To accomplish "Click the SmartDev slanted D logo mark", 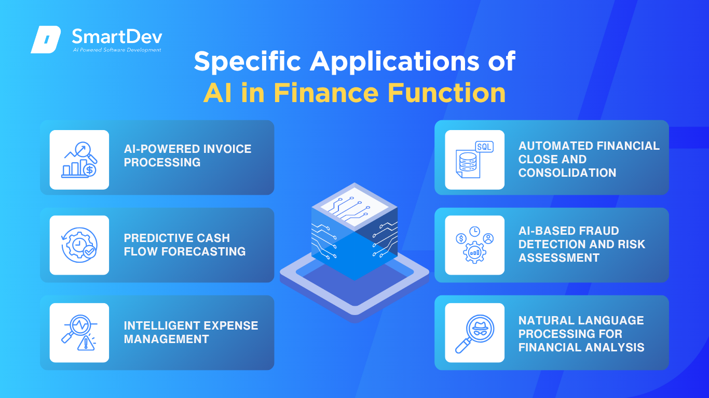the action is tap(46, 39).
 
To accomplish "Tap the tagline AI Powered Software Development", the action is tap(117, 50).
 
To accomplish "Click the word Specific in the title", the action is tap(247, 61).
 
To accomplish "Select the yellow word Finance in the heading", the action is tap(326, 93).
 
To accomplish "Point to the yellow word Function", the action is tap(446, 93).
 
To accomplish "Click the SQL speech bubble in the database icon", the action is tap(484, 147).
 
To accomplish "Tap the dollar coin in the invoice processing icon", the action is tap(90, 170).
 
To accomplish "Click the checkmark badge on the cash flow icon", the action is tap(90, 252).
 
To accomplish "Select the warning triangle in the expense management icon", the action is tap(86, 343).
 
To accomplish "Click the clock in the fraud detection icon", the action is tap(474, 232).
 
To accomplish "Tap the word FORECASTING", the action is tap(203, 252).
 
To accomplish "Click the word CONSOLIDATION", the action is tap(567, 173).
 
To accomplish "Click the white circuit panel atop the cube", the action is tap(354, 206).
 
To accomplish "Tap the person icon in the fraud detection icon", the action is tap(488, 238).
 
